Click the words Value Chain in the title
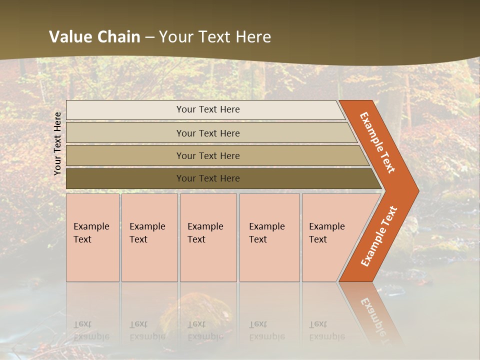(94, 37)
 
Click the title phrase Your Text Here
(215, 37)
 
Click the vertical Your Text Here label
(57, 143)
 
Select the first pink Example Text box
(92, 237)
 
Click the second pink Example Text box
(149, 237)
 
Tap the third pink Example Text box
(208, 237)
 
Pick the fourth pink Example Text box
(269, 237)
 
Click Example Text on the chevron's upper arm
(377, 142)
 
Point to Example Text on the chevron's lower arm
(378, 236)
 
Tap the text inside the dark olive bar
(208, 178)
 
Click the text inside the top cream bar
(208, 109)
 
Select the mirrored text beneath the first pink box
(91, 330)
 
